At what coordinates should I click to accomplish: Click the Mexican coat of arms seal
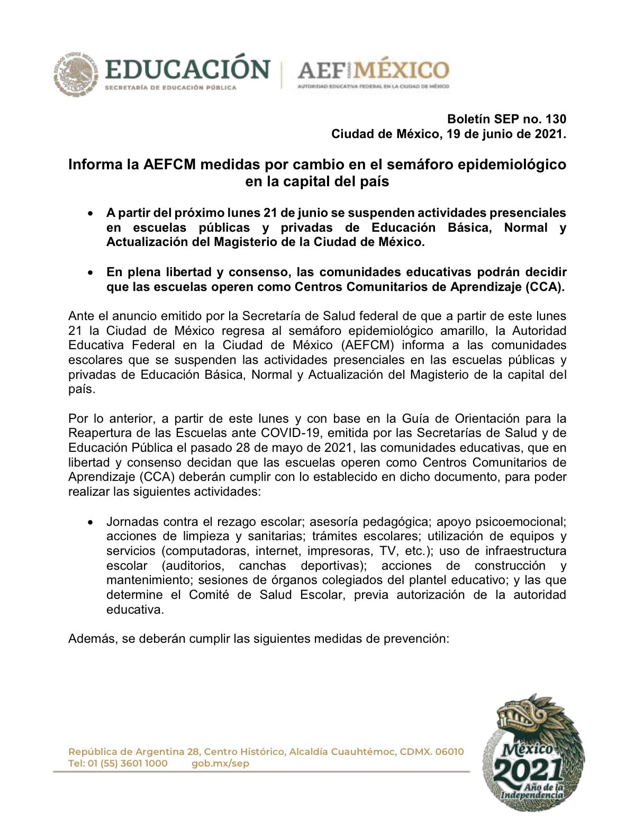click(76, 74)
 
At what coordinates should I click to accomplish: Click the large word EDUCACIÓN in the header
click(187, 70)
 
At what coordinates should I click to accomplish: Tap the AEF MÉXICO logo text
click(373, 70)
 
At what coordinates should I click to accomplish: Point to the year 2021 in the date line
click(549, 134)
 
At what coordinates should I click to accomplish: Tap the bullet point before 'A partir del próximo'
click(91, 213)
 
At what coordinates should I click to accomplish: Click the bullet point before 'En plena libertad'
click(91, 272)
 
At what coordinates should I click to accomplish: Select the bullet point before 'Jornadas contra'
click(91, 522)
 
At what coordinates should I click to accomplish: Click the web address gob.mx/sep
click(220, 763)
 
